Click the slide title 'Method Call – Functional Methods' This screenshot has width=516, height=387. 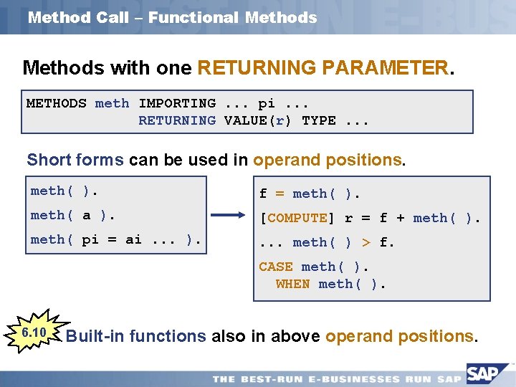(x=172, y=18)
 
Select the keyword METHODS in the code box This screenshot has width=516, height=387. (x=56, y=103)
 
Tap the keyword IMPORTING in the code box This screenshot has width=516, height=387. (x=176, y=103)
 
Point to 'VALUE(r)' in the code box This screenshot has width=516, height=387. (x=257, y=120)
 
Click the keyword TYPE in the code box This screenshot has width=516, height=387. (x=319, y=120)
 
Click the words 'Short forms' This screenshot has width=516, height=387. (x=75, y=160)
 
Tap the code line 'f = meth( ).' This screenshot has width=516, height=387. (x=310, y=193)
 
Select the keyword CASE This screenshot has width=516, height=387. (x=276, y=267)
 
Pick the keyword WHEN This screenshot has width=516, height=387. (x=292, y=284)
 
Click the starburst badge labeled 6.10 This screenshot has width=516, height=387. (x=34, y=333)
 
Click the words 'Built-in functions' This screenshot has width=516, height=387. (x=135, y=336)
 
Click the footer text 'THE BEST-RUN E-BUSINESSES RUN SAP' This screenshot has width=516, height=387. (x=337, y=378)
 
